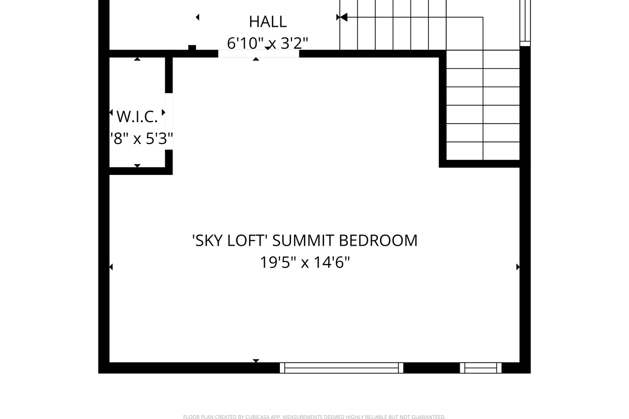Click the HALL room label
click(x=267, y=21)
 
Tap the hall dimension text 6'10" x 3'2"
click(x=267, y=43)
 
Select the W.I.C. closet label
click(x=137, y=116)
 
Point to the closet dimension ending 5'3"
click(x=142, y=139)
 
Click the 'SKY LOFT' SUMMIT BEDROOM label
click(x=305, y=240)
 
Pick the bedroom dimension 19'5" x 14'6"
click(x=305, y=262)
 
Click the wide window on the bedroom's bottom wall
click(x=341, y=368)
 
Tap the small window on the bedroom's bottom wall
click(x=481, y=368)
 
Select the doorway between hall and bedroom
click(x=258, y=53)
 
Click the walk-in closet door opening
click(x=169, y=121)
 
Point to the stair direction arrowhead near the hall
click(x=342, y=17)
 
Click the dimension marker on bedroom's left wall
click(x=111, y=267)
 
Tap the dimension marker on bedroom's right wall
click(x=518, y=267)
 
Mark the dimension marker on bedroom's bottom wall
click(x=256, y=361)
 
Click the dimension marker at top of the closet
click(x=137, y=59)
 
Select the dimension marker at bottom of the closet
click(x=137, y=166)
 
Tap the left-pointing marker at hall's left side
click(x=198, y=17)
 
